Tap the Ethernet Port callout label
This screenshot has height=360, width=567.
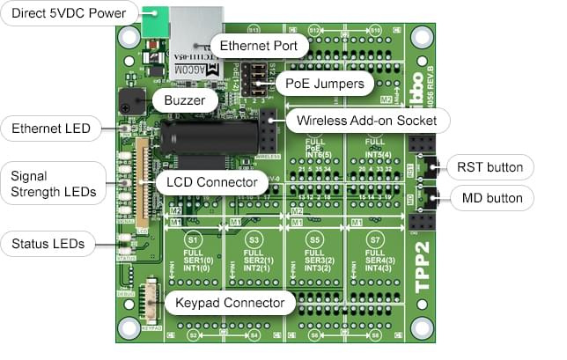pos(259,45)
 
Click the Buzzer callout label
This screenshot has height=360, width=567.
pos(184,100)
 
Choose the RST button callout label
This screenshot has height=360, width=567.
pos(489,166)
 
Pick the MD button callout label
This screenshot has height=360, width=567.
pos(490,198)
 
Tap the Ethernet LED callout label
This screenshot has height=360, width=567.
pos(50,129)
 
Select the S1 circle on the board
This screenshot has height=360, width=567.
pos(194,240)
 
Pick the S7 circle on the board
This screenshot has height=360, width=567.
pos(376,240)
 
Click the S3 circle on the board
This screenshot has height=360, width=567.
pos(254,240)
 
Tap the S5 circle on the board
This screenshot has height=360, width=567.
pos(315,240)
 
